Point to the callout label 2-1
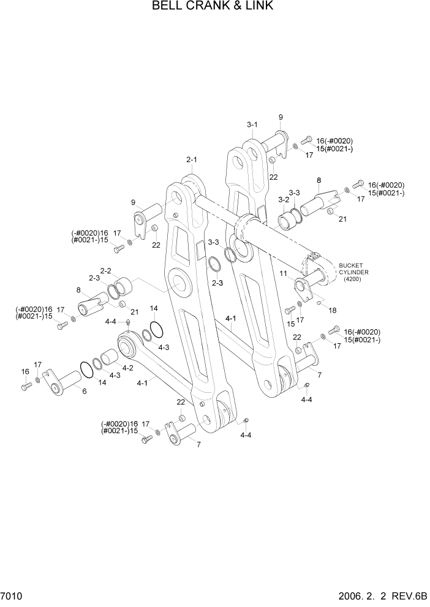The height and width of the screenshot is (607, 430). [x=192, y=160]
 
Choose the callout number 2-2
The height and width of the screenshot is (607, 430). [x=105, y=270]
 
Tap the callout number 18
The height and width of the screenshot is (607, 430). [x=333, y=311]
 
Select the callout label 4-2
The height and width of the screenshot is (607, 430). [x=127, y=368]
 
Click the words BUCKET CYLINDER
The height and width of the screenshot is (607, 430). [x=353, y=269]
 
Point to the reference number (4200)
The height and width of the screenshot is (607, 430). [x=352, y=280]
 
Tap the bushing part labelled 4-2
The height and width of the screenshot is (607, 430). [x=110, y=357]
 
